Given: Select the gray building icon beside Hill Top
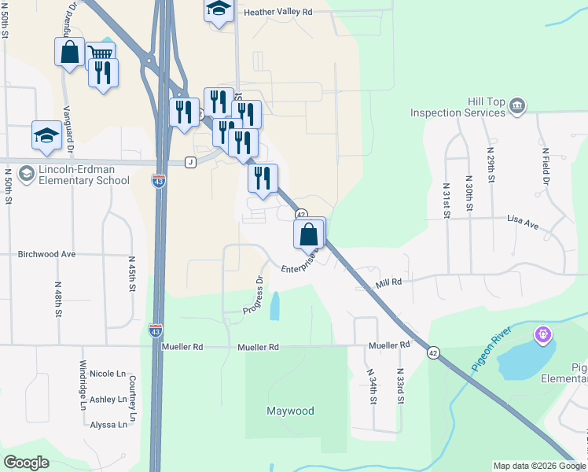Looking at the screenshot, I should tap(517, 105).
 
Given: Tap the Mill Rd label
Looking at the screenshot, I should tap(388, 281).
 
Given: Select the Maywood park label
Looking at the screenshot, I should tap(290, 411).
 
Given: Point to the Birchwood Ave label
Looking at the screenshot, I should tap(46, 254).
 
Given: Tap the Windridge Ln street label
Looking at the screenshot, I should tap(83, 385).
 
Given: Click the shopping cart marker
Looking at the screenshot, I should tap(100, 54).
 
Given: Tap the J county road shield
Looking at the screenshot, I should tap(189, 162).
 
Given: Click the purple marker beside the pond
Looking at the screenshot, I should tap(542, 336).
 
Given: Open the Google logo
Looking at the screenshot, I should tap(26, 463).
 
